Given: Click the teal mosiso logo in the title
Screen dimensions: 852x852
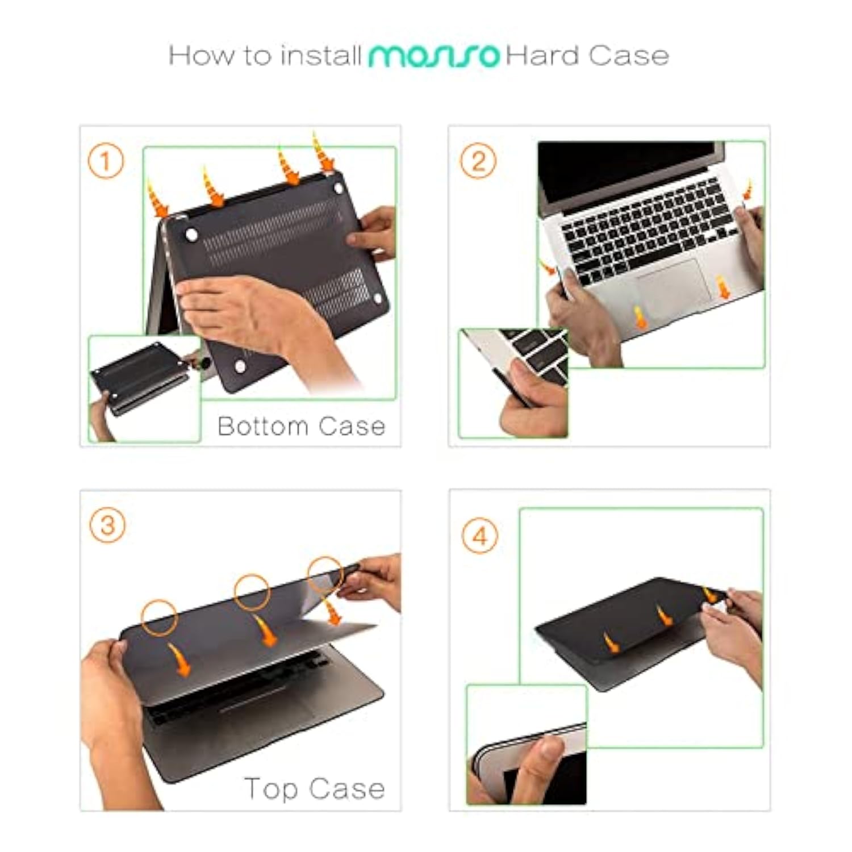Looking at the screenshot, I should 434,56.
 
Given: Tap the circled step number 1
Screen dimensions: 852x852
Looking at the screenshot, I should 106,161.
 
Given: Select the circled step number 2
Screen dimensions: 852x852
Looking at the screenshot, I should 478,161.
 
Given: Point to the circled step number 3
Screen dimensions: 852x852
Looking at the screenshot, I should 107,525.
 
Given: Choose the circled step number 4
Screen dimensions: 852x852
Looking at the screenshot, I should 480,536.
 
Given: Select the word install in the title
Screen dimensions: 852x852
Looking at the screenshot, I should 321,56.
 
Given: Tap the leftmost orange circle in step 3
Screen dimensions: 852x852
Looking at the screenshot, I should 159,617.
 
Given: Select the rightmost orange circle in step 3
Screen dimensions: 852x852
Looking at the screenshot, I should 325,575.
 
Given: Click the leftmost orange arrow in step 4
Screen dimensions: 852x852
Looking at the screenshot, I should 611,643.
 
